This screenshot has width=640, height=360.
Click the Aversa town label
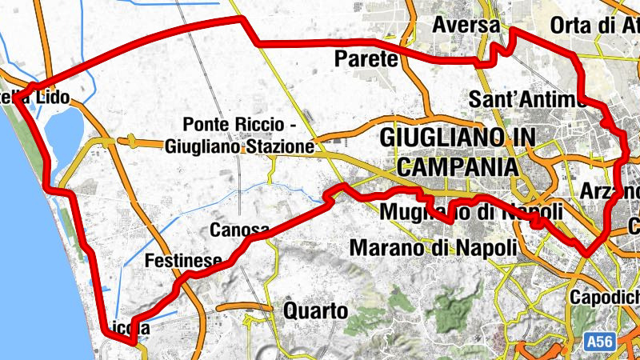pos(466,26)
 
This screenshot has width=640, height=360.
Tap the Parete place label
pos(366,58)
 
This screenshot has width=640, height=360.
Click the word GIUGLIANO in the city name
pos(446,137)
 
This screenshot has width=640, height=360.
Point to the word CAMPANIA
pos(457,166)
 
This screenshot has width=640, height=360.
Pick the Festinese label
pos(183,261)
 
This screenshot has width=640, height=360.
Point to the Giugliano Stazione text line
pos(239,146)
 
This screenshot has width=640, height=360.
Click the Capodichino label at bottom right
pos(605,298)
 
